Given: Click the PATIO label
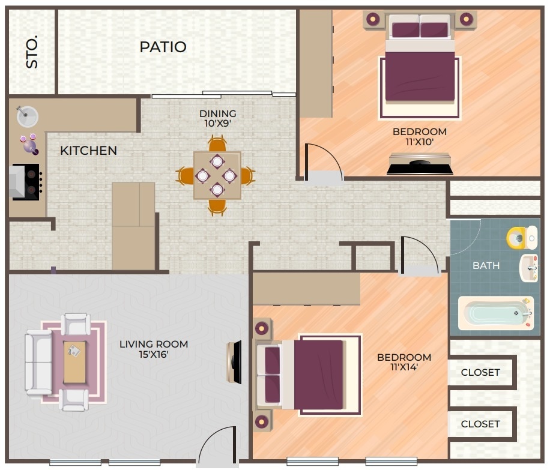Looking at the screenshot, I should [163, 47].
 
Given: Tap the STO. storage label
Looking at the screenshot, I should [32, 52].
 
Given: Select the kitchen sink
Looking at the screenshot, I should [27, 116].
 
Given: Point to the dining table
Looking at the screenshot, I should [217, 175].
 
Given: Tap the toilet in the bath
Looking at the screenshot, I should [521, 238].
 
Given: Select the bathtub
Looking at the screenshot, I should [495, 313].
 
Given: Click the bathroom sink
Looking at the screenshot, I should [528, 268].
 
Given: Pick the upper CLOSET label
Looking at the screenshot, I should [480, 372].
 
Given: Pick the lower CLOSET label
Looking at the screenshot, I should [480, 424].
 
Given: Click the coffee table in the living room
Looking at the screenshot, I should [74, 361].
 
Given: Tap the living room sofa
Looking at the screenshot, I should [38, 362].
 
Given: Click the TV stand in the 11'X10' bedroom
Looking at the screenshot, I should [420, 164].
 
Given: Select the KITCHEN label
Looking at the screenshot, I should [88, 151].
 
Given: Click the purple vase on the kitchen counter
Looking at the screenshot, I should [29, 144].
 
